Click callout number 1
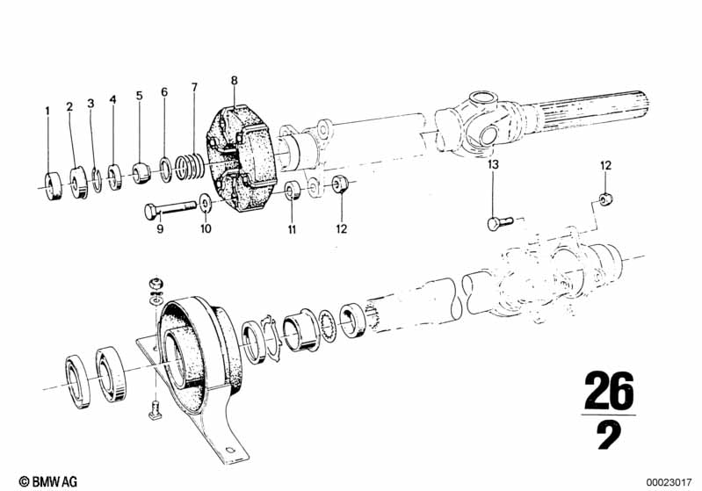click(48, 110)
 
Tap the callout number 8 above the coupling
click(235, 81)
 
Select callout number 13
click(493, 165)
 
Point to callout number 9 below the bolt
click(160, 229)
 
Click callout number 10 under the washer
click(206, 228)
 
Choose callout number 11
click(292, 229)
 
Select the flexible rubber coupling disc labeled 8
click(241, 157)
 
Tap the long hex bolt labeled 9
click(170, 209)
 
